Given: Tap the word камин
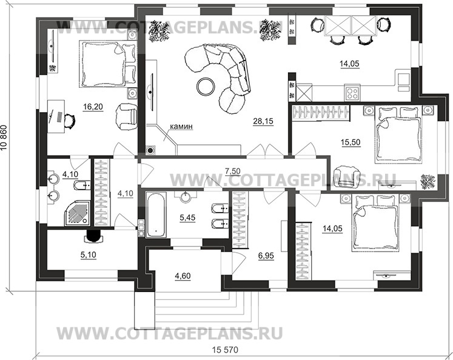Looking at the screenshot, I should pyautogui.click(x=181, y=127).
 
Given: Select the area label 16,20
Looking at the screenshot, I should pyautogui.click(x=93, y=107).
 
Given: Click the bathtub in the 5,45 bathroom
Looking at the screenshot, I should pyautogui.click(x=156, y=214).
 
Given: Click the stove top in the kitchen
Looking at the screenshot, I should pyautogui.click(x=351, y=93).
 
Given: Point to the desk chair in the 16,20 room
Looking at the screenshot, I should pyautogui.click(x=71, y=121).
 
